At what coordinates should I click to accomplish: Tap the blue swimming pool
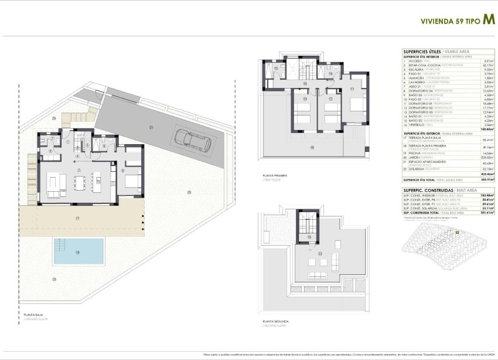(x=79, y=251)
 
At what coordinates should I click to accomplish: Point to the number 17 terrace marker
(x=77, y=218)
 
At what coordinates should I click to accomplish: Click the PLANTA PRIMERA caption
(x=276, y=174)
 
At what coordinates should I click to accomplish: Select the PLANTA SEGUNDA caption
(x=277, y=322)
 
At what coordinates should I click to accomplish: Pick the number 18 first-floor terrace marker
(x=312, y=147)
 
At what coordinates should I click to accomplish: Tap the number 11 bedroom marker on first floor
(x=352, y=88)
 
